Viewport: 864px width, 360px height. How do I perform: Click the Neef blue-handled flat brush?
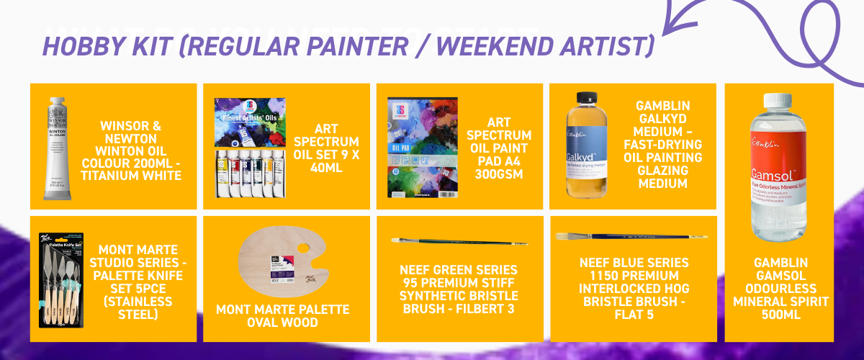631,235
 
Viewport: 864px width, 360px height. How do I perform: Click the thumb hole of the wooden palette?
302,249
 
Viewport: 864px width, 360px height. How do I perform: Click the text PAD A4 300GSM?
498,168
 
